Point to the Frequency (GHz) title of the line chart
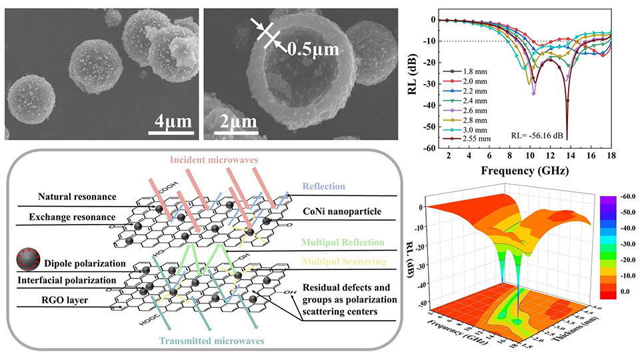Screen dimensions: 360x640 click(x=517, y=170)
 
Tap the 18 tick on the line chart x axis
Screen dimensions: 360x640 click(x=611, y=155)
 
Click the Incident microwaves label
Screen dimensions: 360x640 click(x=213, y=161)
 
